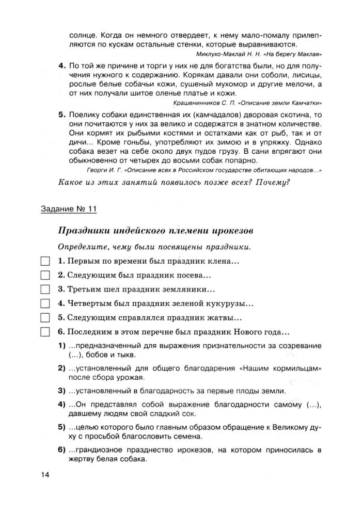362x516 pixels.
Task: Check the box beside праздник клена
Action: pos(45,262)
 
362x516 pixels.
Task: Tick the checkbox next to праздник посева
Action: pos(45,276)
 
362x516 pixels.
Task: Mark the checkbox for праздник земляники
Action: pos(45,289)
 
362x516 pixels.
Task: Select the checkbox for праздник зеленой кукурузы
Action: pos(45,303)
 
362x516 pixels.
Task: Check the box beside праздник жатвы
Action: pos(45,317)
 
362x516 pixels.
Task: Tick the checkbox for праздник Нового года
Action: pos(45,331)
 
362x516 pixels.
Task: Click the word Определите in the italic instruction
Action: pos(83,246)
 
